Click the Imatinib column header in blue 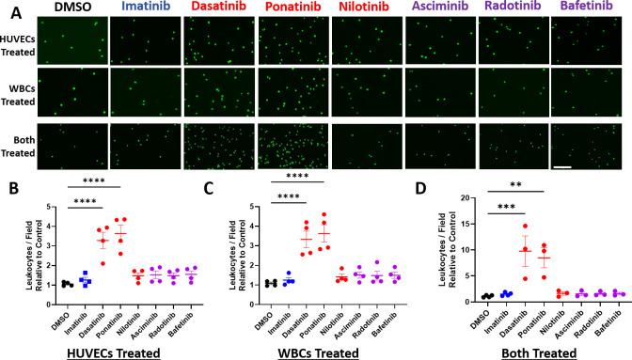(144, 8)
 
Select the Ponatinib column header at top (292, 8)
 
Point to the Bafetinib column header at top (587, 8)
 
